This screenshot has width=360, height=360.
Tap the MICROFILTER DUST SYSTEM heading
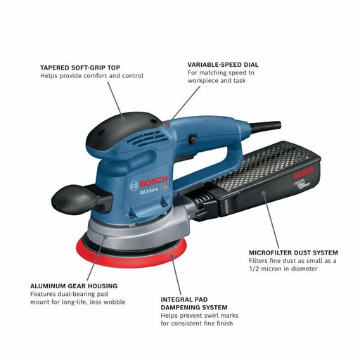pyautogui.click(x=293, y=252)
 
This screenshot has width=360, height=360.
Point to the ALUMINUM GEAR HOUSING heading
pyautogui.click(x=74, y=286)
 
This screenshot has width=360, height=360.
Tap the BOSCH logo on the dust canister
pyautogui.click(x=304, y=172)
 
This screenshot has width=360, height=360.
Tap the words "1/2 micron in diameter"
pyautogui.click(x=281, y=269)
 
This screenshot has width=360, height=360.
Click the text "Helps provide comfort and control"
pyautogui.click(x=91, y=76)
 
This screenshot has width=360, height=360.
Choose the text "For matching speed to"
pyautogui.click(x=221, y=72)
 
